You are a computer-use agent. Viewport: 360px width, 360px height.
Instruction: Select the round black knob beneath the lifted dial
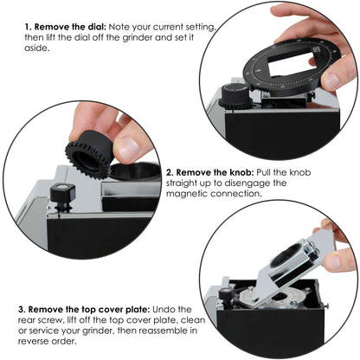pos(235,93)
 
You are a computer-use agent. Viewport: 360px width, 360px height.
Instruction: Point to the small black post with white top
pos(62,197)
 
